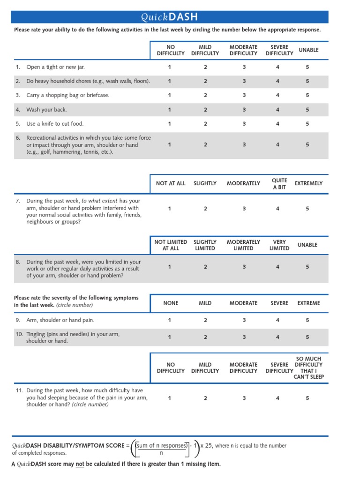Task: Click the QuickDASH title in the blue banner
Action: pos(169,17)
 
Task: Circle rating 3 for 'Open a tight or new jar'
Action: pos(244,67)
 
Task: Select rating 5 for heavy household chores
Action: pos(307,81)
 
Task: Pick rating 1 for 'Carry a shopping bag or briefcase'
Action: pos(170,95)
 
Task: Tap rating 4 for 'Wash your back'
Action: pos(277,110)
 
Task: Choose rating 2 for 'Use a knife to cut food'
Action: pos(205,124)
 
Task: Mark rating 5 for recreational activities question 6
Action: pos(307,145)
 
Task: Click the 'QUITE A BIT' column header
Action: pos(279,184)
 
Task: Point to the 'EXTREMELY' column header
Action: pos(308,184)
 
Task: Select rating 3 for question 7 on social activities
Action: pos(244,209)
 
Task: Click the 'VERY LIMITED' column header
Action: pos(279,245)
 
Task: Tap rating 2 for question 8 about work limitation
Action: pos(205,267)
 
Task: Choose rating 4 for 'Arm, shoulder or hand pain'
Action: pos(277,320)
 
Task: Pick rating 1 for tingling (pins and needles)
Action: pos(170,337)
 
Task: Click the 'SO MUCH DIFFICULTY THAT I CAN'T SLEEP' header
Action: pos(309,368)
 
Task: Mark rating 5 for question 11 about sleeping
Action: pos(307,398)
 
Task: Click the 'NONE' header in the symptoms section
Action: pos(171,303)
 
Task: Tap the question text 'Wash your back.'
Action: pos(46,110)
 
